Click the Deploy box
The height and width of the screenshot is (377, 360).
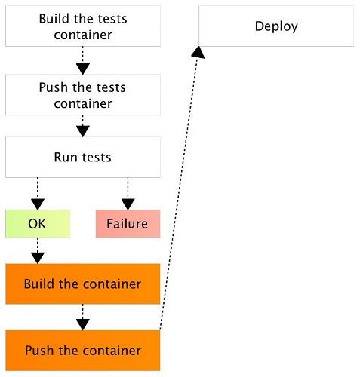pyautogui.click(x=275, y=27)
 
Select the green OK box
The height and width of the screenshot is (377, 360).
pyautogui.click(x=37, y=224)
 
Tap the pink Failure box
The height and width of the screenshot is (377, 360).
pyautogui.click(x=128, y=224)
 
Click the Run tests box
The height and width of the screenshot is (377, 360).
pyautogui.click(x=82, y=158)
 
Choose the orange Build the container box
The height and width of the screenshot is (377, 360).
pyautogui.click(x=82, y=284)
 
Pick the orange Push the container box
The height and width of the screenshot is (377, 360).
pyautogui.click(x=82, y=351)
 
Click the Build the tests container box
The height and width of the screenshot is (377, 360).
pyautogui.click(x=82, y=25)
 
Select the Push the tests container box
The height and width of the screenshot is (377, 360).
pyautogui.click(x=82, y=95)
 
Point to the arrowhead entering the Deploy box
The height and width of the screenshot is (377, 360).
pyautogui.click(x=198, y=51)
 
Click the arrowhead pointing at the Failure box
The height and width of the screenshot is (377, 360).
pyautogui.click(x=128, y=204)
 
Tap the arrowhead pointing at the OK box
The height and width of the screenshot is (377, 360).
pyautogui.click(x=37, y=204)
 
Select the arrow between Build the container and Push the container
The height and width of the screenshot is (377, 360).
pyautogui.click(x=82, y=317)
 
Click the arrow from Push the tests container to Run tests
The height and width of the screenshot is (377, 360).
pyautogui.click(x=82, y=125)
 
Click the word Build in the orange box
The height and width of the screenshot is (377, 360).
pyautogui.click(x=38, y=284)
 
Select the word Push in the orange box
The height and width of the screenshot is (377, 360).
pyautogui.click(x=38, y=351)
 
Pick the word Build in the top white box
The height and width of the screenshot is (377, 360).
pyautogui.click(x=54, y=18)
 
